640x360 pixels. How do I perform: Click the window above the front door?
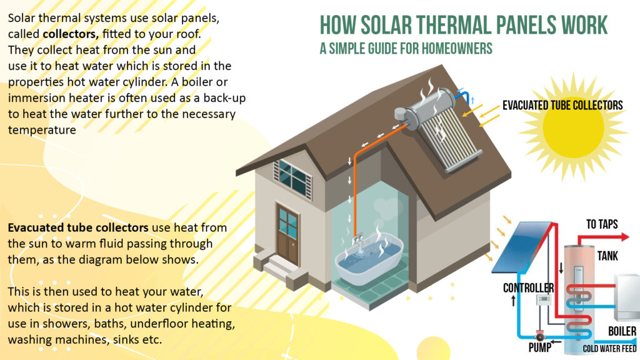pos(294,177)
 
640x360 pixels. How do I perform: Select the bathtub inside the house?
pos(368,259)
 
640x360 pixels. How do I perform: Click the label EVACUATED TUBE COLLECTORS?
pos(562,105)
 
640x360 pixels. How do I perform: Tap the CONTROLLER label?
pos(528,288)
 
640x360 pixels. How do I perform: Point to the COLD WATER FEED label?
pos(609,348)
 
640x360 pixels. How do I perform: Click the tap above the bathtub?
pos(357,238)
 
